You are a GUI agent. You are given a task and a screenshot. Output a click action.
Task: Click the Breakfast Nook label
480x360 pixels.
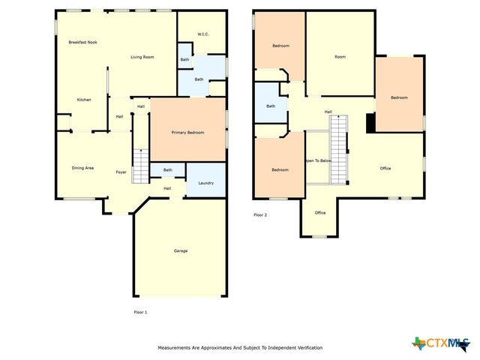click(82, 43)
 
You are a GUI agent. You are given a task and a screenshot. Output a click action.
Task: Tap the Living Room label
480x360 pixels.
click(142, 57)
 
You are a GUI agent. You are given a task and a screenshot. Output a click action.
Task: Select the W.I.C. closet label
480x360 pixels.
click(202, 34)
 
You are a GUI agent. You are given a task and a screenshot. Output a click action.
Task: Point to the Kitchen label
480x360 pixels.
click(84, 99)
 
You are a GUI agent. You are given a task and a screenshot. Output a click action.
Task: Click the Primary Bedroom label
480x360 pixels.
click(188, 133)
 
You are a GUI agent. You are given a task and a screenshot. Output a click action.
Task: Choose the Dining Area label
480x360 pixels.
click(82, 168)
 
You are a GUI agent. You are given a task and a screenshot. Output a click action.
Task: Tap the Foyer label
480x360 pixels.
click(121, 172)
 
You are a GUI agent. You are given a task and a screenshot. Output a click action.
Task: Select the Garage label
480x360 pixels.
click(180, 250)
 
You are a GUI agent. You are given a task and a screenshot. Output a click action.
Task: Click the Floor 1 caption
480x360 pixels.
click(140, 312)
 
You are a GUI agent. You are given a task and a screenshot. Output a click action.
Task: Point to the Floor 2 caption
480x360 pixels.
click(260, 215)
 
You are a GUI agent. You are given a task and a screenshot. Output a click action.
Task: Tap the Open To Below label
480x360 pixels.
click(318, 160)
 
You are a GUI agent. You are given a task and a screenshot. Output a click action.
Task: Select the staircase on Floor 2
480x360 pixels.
click(340, 148)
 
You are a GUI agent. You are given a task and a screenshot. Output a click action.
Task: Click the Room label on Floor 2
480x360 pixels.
click(340, 57)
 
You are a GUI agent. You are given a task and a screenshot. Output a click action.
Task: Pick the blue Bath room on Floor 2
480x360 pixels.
click(270, 106)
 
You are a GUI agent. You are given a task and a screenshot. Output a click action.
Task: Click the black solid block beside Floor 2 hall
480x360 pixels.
click(370, 122)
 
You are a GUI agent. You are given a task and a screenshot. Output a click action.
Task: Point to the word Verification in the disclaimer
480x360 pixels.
click(307, 348)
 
